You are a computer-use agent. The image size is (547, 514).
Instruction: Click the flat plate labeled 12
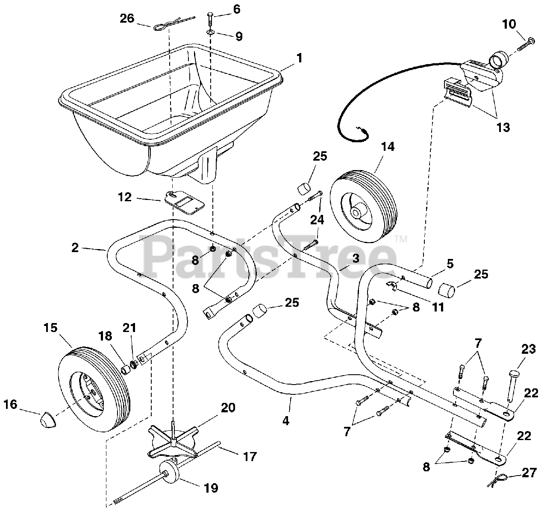[184, 202]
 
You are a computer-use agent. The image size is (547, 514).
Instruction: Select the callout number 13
[503, 127]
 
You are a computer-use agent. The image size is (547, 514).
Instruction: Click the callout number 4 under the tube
[286, 420]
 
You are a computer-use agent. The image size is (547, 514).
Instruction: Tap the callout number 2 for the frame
[75, 247]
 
